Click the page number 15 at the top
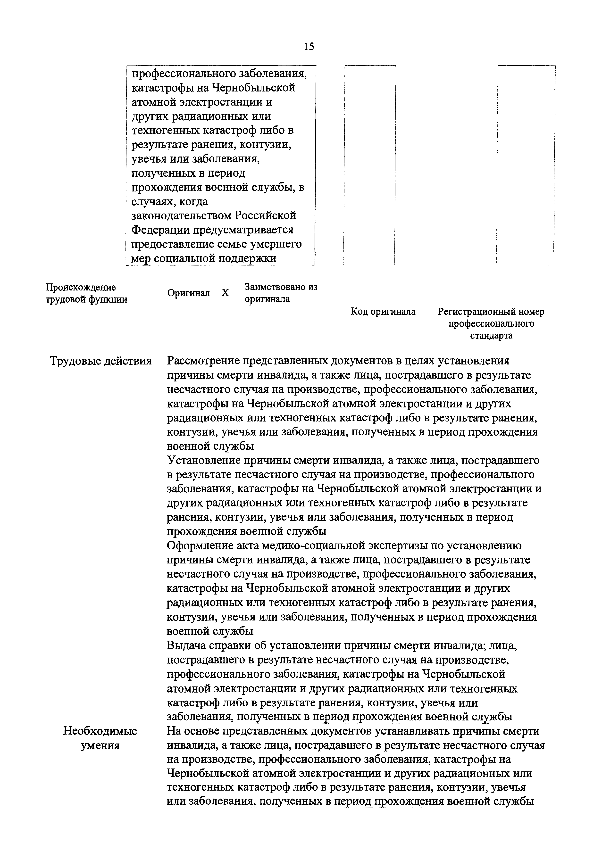pyautogui.click(x=309, y=46)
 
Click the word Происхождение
pyautogui.click(x=80, y=287)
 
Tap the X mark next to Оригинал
pyautogui.click(x=225, y=293)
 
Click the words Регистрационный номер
pyautogui.click(x=491, y=312)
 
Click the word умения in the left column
pyautogui.click(x=100, y=745)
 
